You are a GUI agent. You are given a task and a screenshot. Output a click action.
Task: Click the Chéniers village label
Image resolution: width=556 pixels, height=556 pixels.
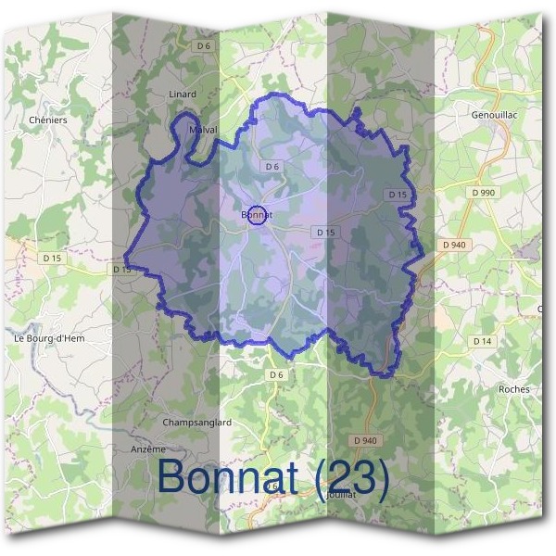[x=48, y=120]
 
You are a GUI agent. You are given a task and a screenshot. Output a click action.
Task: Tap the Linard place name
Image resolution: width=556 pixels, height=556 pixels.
[x=183, y=95]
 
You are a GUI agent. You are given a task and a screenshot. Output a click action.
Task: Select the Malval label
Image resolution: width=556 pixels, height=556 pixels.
[x=203, y=130]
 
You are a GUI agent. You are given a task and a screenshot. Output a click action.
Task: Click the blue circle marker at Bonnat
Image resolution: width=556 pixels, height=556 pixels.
[x=259, y=214]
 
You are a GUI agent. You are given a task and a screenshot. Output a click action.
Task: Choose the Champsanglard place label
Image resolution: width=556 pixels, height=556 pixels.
[x=196, y=423]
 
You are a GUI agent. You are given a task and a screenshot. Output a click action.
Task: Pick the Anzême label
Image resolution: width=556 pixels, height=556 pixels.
[x=148, y=449]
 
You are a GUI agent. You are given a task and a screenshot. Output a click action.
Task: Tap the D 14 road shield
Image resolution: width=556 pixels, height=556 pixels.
[x=482, y=341]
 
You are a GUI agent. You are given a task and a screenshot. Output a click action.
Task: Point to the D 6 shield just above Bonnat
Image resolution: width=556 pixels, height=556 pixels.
[x=272, y=167]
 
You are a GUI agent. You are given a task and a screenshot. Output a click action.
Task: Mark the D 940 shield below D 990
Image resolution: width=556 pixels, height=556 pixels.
[x=454, y=245]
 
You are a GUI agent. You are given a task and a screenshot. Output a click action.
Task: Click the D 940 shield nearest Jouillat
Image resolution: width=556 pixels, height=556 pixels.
[x=366, y=439]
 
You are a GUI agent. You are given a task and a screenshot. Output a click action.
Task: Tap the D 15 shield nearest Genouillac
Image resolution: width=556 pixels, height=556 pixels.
[x=397, y=194]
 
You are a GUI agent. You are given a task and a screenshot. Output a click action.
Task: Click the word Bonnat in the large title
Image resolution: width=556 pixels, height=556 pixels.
[x=228, y=477]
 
